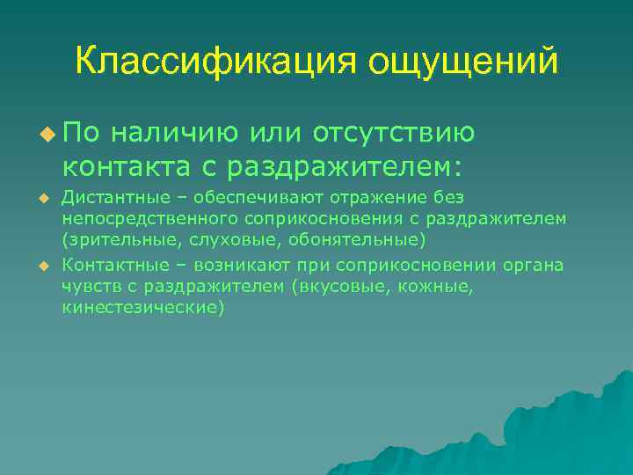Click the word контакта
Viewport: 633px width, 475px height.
121,164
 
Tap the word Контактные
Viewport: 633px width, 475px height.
107,266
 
